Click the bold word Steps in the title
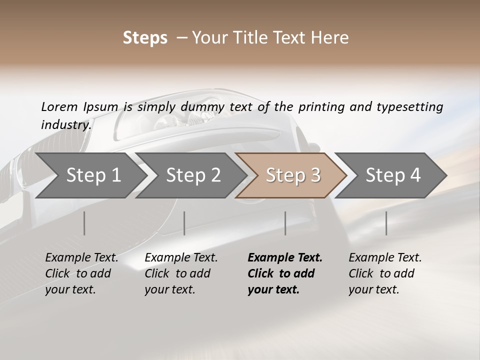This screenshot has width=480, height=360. [x=145, y=38]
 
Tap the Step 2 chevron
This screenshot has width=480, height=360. [x=193, y=175]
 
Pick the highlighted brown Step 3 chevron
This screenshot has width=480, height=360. [x=292, y=175]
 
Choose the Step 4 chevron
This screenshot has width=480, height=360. [x=392, y=175]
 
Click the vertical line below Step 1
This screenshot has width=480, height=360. [x=84, y=223]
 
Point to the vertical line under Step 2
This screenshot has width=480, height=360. [x=184, y=223]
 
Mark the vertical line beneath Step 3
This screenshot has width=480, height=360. [x=285, y=223]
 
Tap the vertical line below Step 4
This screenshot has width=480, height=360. [x=386, y=223]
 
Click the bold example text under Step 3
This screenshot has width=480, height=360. [x=284, y=273]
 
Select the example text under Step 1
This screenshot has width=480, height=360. [x=81, y=273]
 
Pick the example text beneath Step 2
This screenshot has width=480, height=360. [x=181, y=273]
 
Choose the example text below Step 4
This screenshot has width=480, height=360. [x=385, y=273]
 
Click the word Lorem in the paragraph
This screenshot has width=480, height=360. [x=59, y=106]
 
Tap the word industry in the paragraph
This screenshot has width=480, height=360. [x=65, y=124]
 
